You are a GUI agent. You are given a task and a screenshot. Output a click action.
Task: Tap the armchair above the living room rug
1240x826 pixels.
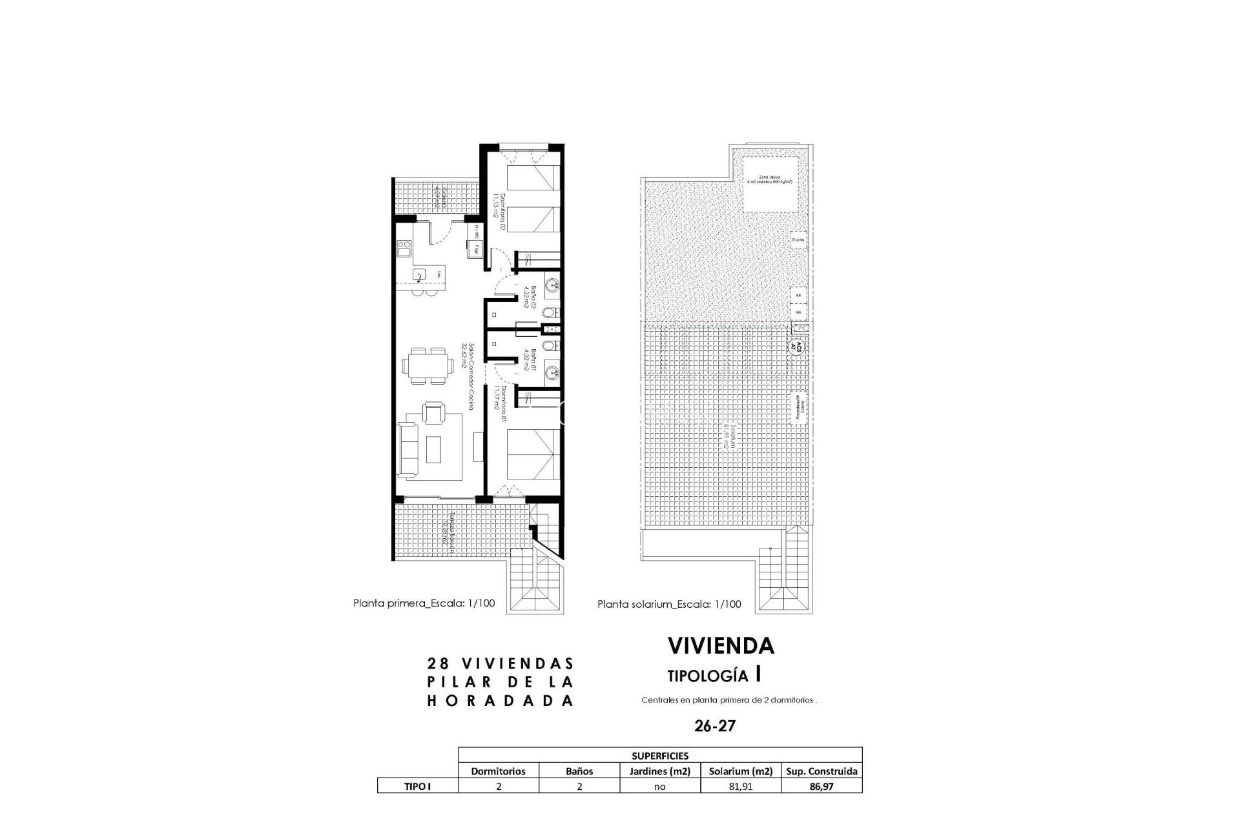pos(433,412)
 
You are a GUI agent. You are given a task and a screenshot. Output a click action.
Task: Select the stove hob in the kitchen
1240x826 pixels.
pos(404,247)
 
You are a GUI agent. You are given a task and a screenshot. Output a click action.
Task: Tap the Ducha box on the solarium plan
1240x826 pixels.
pos(798,239)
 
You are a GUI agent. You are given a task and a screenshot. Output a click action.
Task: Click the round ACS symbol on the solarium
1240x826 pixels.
pos(798,345)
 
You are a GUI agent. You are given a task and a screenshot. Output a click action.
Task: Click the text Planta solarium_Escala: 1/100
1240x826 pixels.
pos(669,605)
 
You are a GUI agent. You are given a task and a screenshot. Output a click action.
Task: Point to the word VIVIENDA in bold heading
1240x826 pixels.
pos(720,645)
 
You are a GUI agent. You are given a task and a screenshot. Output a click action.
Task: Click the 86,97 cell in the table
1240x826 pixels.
pos(821,786)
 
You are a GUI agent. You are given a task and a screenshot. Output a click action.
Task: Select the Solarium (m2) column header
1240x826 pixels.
pos(740,771)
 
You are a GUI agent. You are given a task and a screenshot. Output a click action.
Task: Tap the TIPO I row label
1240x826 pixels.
pos(417,786)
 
